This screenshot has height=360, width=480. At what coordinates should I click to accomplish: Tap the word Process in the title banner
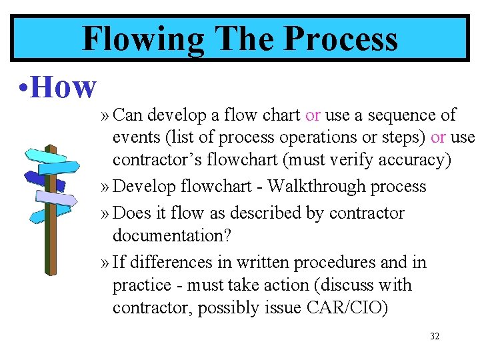pos(340,38)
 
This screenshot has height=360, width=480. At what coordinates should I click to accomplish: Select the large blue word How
pos(63,87)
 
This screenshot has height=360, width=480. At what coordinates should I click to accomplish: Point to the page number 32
pos(435,337)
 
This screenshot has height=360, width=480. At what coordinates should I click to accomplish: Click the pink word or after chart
pos(313,115)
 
